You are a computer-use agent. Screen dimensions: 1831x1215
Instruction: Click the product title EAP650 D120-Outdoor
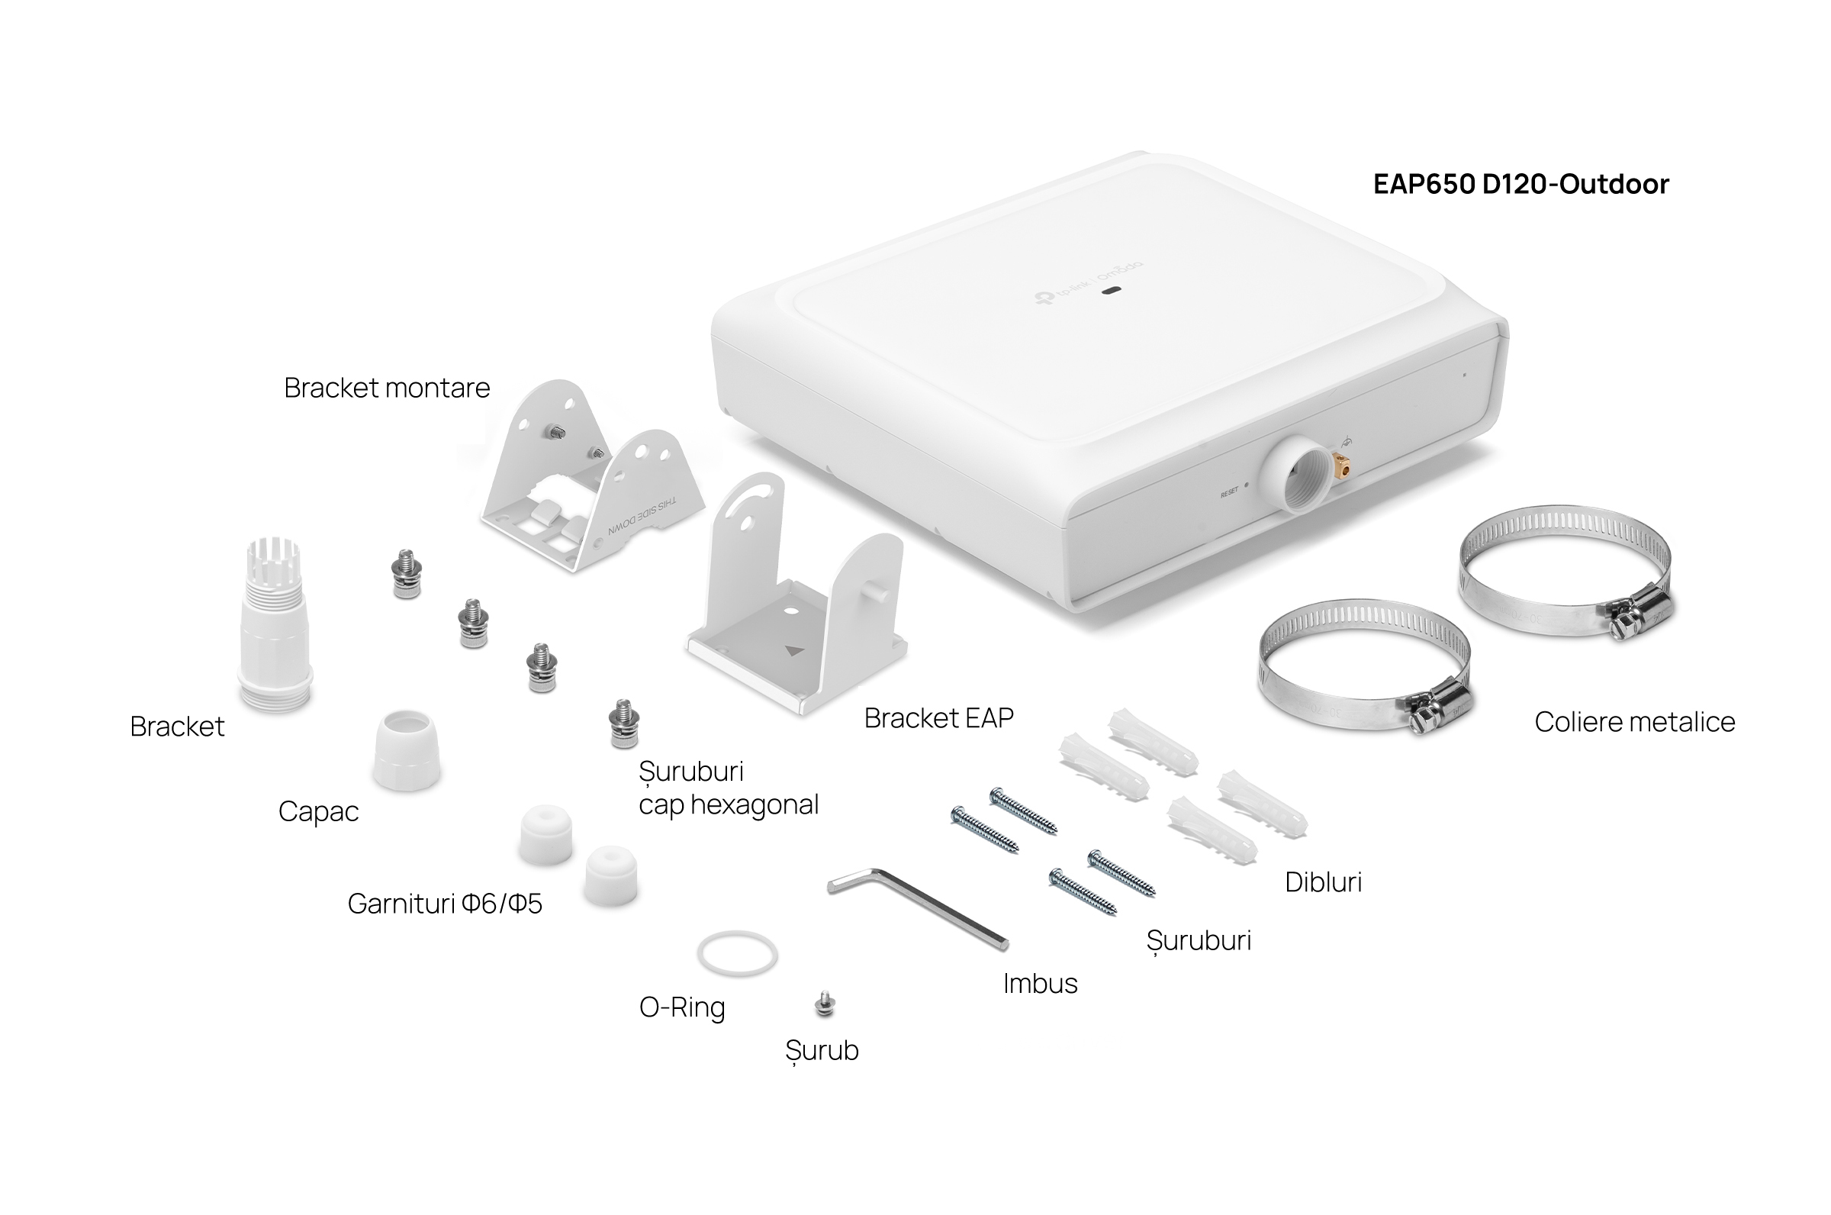click(1520, 184)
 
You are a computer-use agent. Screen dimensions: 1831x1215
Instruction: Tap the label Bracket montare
click(387, 388)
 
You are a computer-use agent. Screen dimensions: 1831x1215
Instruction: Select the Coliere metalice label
click(1634, 721)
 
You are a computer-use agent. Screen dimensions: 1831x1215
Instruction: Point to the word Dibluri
click(1323, 881)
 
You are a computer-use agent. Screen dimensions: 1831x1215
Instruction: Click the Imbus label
click(1040, 983)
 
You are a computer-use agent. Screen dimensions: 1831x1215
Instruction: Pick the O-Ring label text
click(682, 1007)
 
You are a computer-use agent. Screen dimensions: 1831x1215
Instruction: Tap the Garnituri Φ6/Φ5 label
click(445, 904)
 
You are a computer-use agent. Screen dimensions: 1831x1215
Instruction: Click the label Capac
click(318, 812)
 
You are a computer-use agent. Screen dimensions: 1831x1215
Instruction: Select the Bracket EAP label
click(938, 718)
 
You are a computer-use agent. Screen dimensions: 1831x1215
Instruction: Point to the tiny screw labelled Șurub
click(825, 1004)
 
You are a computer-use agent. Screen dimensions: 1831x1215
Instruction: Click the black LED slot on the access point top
click(1112, 292)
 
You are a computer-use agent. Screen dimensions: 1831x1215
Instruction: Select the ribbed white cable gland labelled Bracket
click(275, 624)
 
